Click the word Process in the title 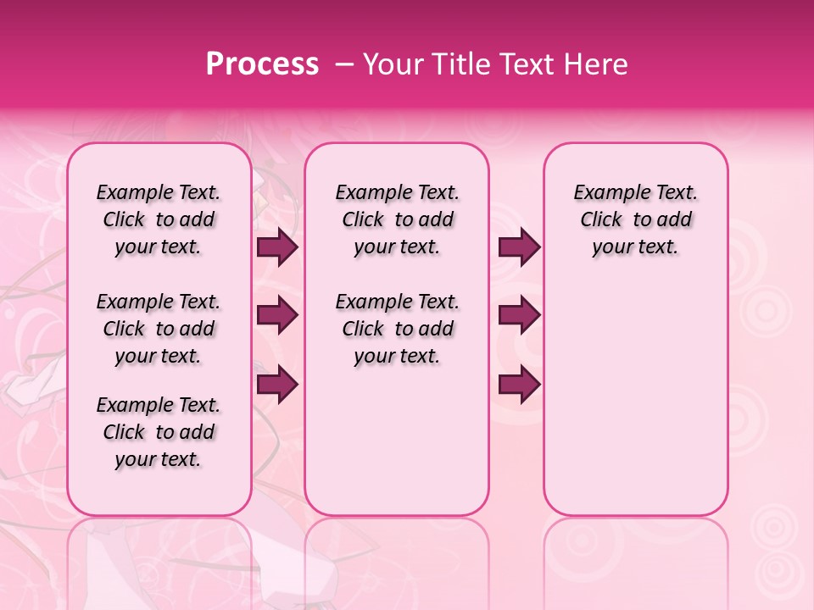click(262, 64)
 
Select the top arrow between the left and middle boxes click(277, 247)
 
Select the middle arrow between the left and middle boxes click(277, 315)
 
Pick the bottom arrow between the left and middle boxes click(277, 384)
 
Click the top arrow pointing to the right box click(519, 247)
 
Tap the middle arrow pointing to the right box click(519, 315)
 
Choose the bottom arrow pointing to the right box click(519, 384)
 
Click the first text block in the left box click(159, 219)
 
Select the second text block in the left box click(159, 329)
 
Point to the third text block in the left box click(159, 432)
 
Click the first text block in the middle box click(397, 219)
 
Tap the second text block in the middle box click(397, 329)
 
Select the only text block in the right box click(635, 219)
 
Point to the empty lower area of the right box click(635, 398)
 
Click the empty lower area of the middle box click(397, 441)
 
